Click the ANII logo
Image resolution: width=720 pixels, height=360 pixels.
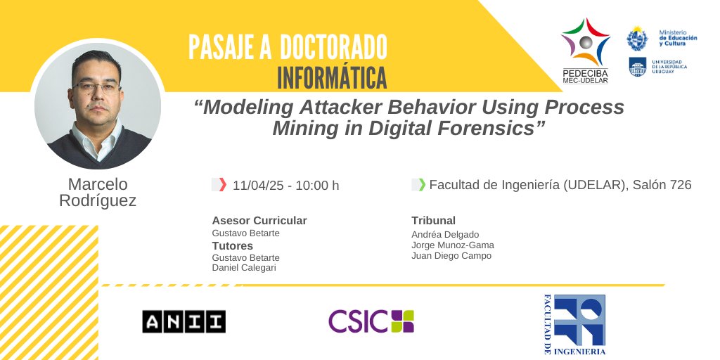(184, 321)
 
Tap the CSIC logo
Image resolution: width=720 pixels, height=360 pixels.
(371, 321)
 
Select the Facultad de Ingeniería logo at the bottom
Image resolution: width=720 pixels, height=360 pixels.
(574, 324)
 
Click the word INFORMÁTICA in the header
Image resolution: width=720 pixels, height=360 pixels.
(332, 77)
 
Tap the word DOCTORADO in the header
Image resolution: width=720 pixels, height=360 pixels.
(333, 48)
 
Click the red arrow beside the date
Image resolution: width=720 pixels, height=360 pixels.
(222, 185)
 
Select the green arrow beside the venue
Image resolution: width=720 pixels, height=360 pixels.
(422, 185)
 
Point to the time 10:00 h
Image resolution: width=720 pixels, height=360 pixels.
(317, 186)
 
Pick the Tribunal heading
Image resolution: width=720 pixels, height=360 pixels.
(434, 221)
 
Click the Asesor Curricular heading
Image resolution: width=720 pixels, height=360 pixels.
(259, 221)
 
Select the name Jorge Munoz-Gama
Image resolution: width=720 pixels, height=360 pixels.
(453, 245)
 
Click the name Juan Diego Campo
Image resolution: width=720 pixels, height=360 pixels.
(451, 256)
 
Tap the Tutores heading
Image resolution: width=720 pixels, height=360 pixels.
(233, 246)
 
